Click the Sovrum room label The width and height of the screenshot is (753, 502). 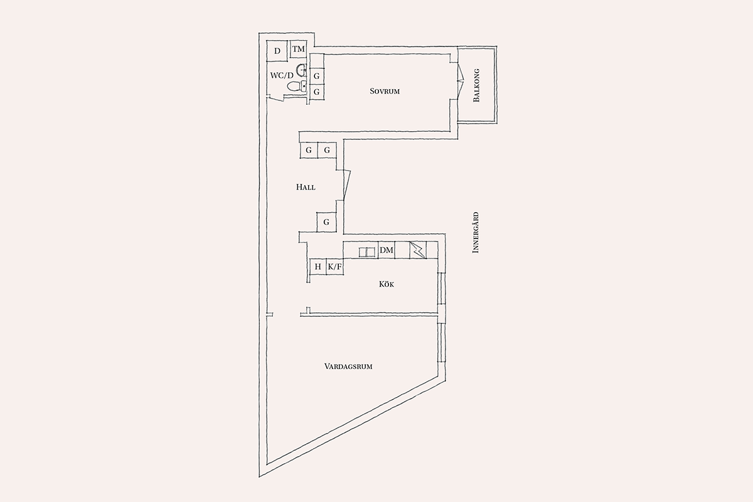tap(385, 91)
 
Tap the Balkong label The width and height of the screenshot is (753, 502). tap(476, 85)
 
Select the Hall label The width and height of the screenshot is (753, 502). tap(306, 187)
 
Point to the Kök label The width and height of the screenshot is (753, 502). tap(387, 284)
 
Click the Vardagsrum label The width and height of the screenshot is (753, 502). tap(348, 366)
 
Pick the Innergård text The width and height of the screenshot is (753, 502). tap(476, 232)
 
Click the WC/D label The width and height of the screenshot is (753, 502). tap(282, 75)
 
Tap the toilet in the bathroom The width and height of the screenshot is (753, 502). tap(296, 86)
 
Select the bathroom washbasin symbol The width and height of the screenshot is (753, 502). tap(302, 70)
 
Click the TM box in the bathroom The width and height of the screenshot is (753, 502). tap(298, 49)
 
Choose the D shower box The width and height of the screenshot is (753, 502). tap(277, 51)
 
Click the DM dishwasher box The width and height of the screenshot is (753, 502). tap(387, 250)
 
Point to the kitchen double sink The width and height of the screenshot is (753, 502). tap(366, 252)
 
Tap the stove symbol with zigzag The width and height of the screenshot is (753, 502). tap(417, 250)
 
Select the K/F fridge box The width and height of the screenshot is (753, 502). tap(335, 267)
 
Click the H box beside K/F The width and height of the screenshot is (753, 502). tap(318, 267)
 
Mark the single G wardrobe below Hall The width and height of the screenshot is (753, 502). tap(326, 222)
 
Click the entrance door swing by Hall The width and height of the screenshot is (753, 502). tap(346, 185)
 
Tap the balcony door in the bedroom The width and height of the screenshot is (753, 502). tap(461, 81)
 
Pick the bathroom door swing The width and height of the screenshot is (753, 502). tap(276, 98)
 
